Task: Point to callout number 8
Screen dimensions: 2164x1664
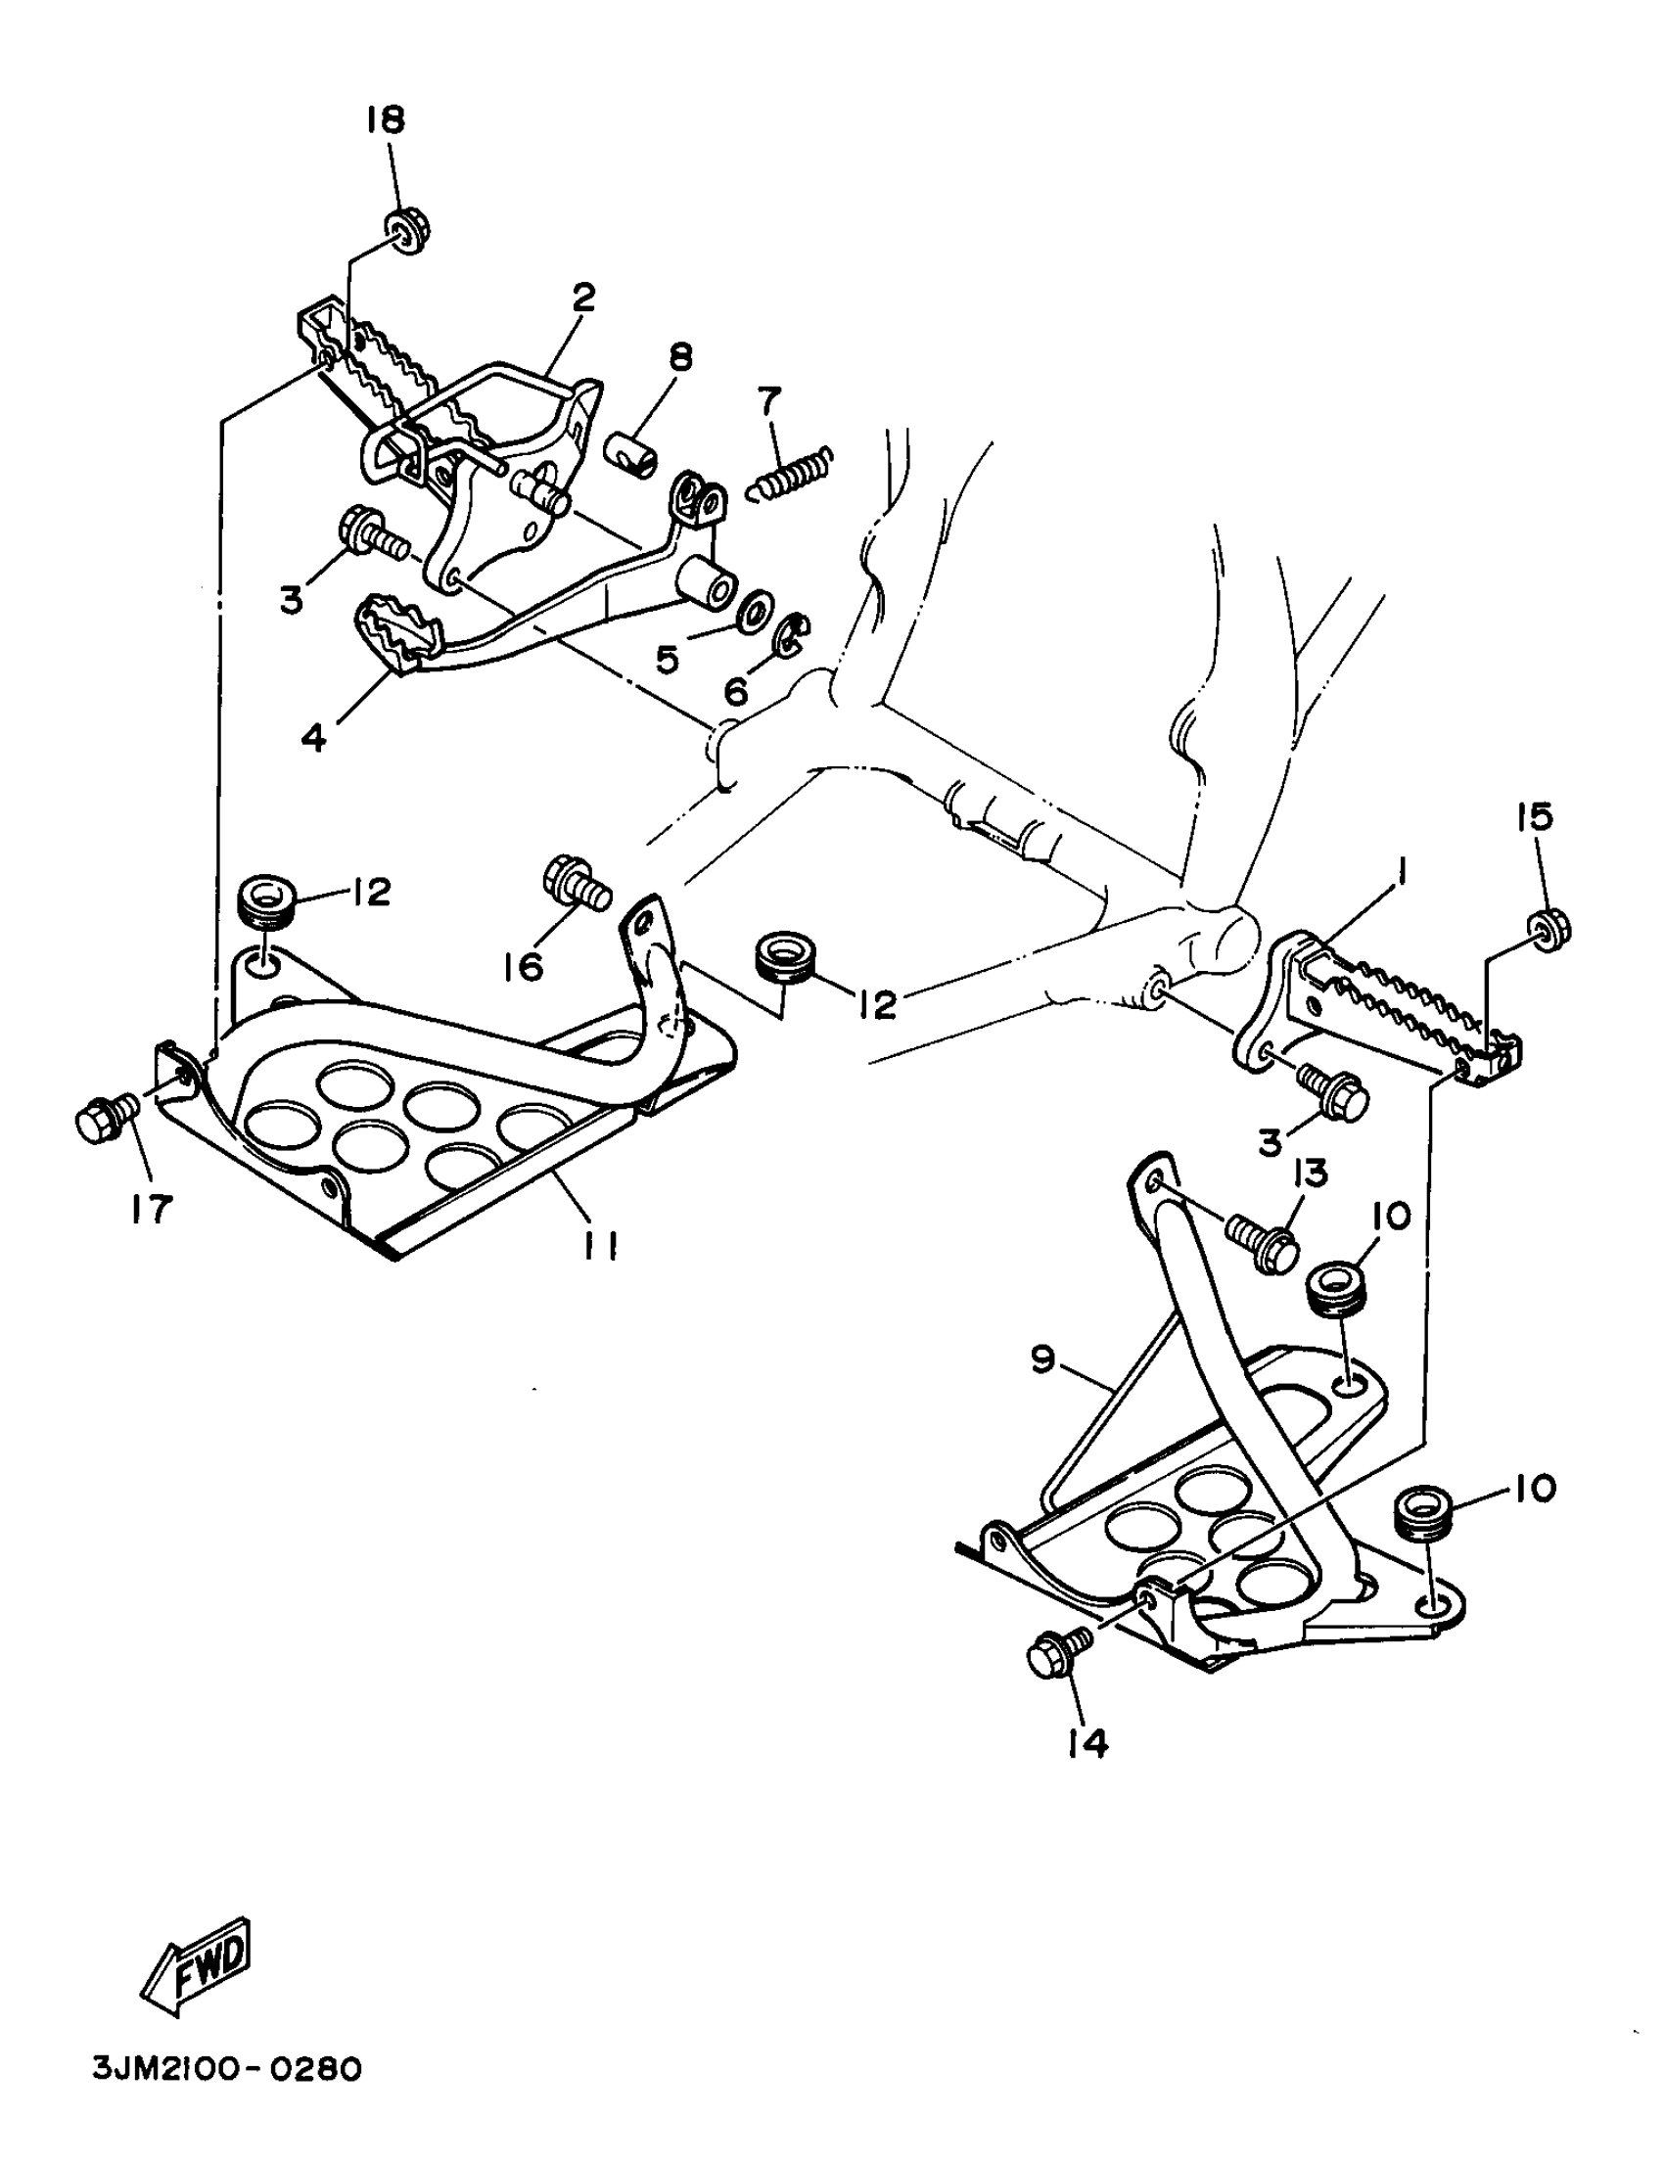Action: point(680,358)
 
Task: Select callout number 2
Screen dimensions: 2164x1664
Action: point(584,297)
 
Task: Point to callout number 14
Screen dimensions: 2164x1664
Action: point(1086,1744)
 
